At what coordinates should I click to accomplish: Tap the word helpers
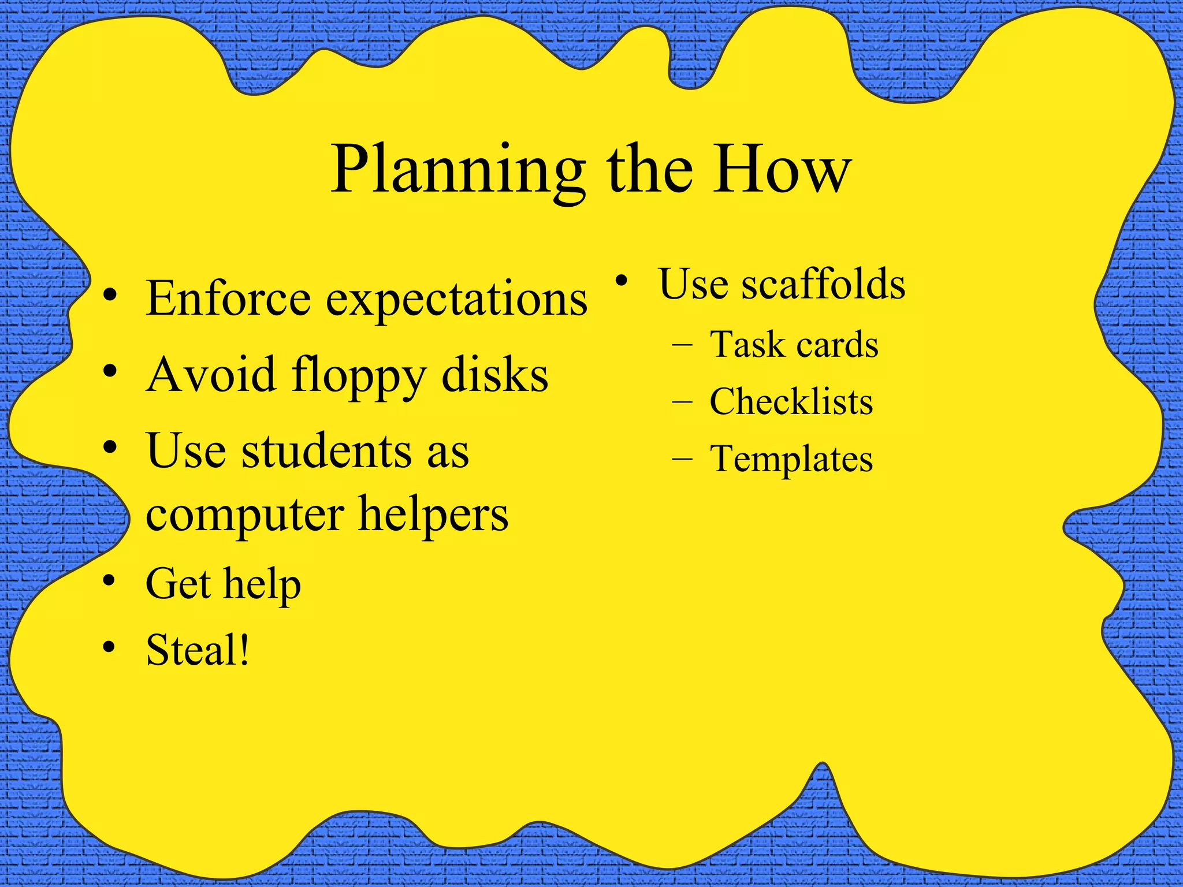click(433, 514)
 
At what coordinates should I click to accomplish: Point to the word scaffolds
click(823, 284)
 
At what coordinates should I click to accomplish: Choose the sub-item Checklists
click(791, 401)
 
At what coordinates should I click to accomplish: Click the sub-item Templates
click(791, 460)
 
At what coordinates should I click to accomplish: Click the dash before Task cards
click(682, 345)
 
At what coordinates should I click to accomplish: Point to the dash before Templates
click(682, 459)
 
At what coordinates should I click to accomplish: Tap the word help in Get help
click(262, 584)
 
